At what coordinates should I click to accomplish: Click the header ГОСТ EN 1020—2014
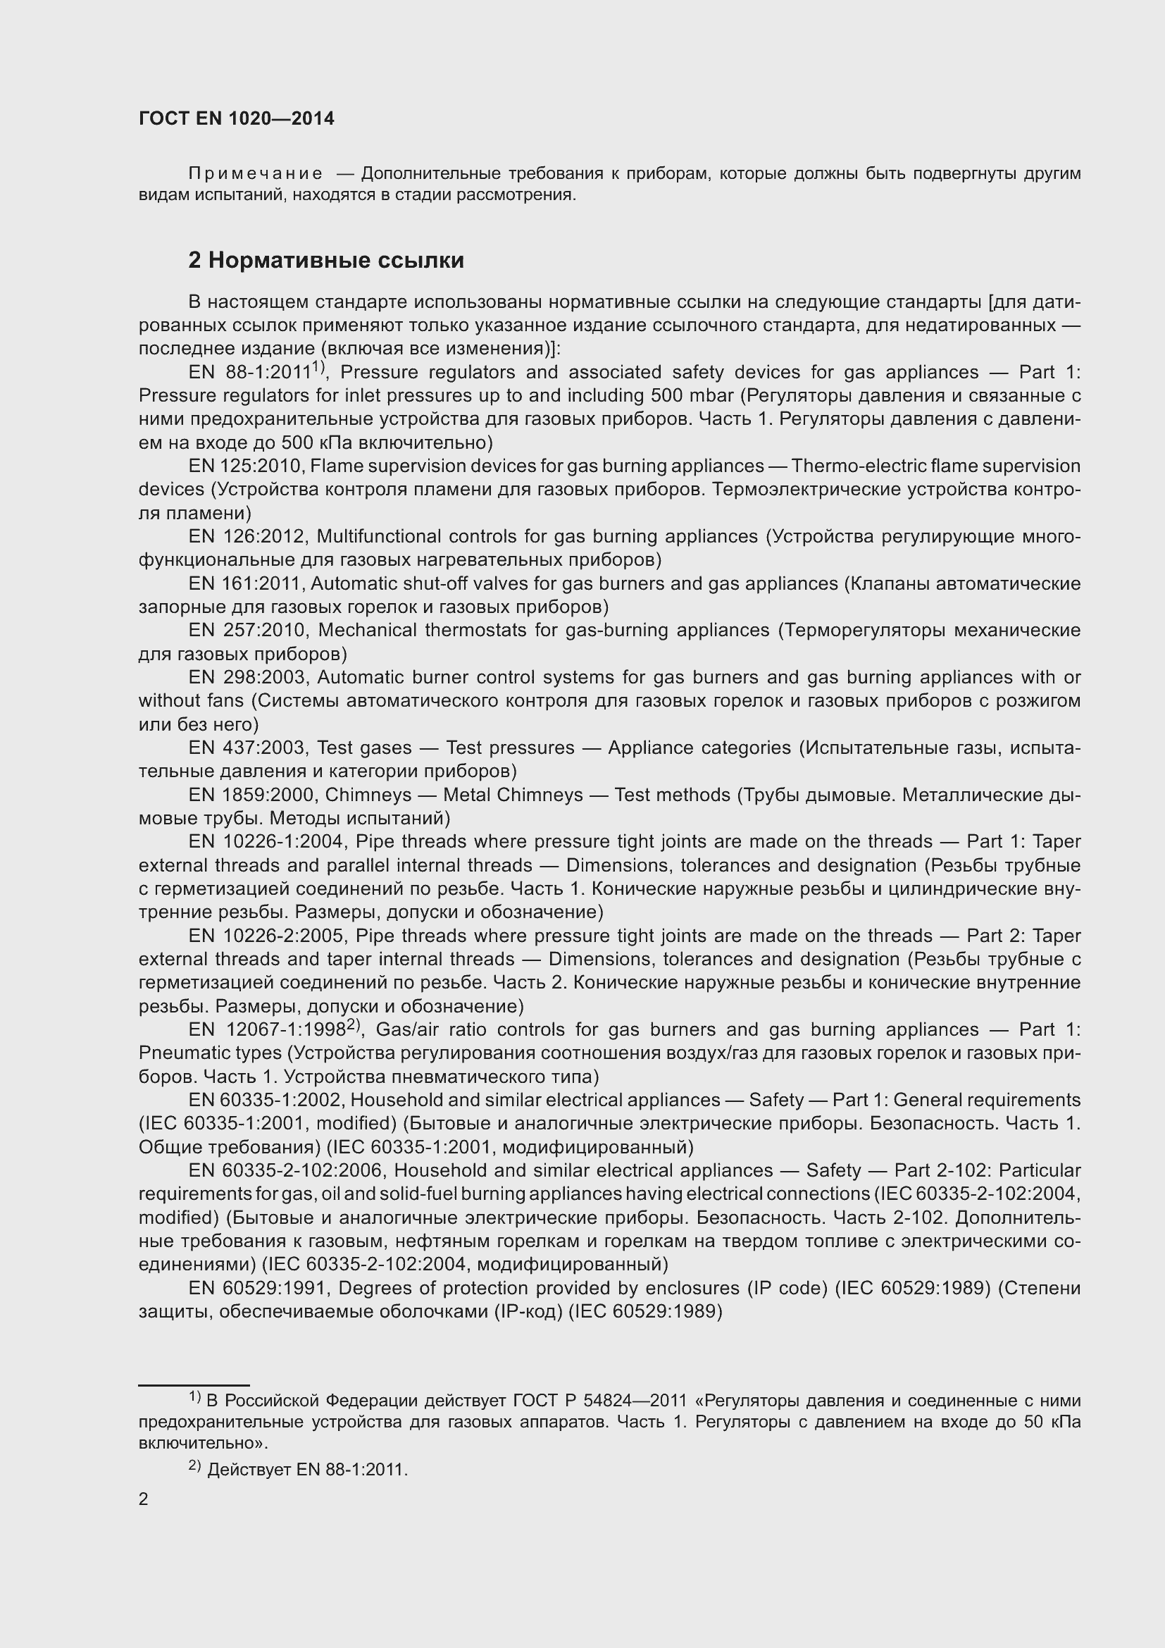tap(236, 118)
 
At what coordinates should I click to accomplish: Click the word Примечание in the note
tap(255, 174)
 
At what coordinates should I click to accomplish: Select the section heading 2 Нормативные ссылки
tap(325, 260)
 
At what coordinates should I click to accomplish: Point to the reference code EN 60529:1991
tap(258, 1289)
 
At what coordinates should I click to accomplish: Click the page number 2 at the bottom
tap(144, 1499)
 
